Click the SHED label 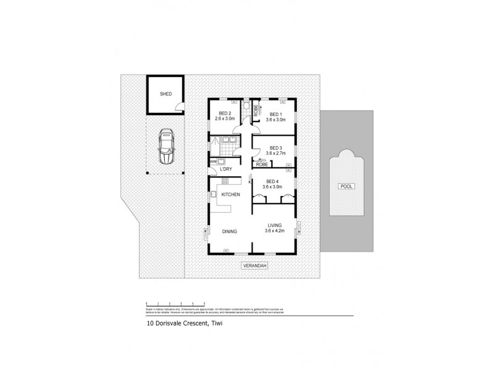click(165, 94)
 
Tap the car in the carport click(165, 147)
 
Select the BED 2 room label click(225, 113)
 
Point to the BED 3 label click(276, 148)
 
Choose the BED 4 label click(272, 181)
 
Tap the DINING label click(230, 231)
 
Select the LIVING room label click(275, 226)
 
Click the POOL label click(346, 186)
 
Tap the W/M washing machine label click(213, 162)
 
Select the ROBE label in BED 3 click(262, 164)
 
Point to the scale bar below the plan click(175, 304)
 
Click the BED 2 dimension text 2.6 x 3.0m click(225, 119)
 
